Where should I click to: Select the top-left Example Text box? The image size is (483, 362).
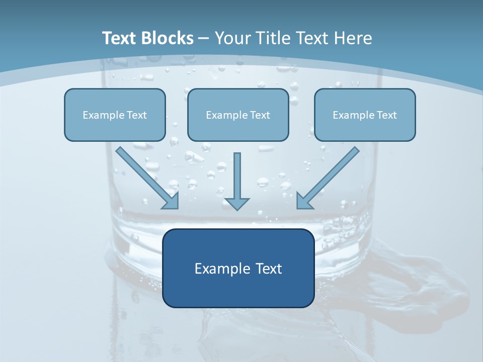(115, 115)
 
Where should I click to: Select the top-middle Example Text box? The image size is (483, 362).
(238, 115)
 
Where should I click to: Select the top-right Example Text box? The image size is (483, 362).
(365, 115)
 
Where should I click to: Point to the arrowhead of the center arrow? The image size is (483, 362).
(237, 204)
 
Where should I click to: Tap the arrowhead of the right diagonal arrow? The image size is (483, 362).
(303, 201)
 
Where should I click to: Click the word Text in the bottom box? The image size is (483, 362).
(269, 268)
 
